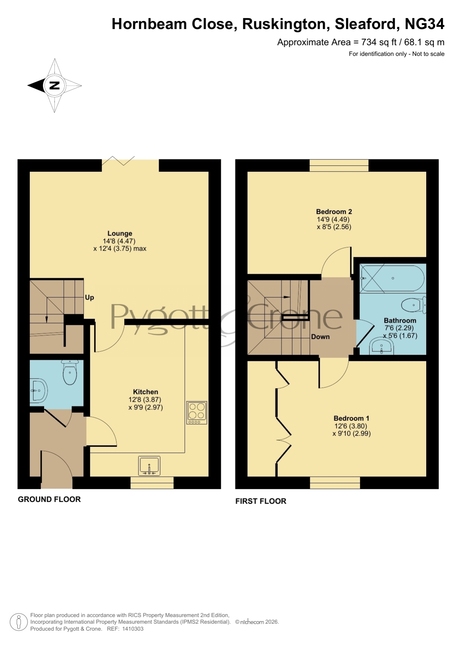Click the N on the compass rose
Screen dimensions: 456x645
(x=54, y=86)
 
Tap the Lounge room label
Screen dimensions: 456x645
(x=120, y=233)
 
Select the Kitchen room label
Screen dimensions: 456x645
(x=146, y=392)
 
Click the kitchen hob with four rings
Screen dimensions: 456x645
(x=197, y=412)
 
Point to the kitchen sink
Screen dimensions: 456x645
(x=149, y=466)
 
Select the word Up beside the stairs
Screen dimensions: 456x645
(x=90, y=297)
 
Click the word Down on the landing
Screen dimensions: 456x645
(x=320, y=337)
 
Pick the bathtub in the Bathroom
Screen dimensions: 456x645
(x=393, y=278)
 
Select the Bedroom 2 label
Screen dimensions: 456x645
(x=334, y=212)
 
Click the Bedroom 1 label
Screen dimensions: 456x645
(x=351, y=418)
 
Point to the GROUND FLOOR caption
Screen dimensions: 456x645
(x=49, y=499)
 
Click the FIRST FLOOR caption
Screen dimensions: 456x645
(x=261, y=501)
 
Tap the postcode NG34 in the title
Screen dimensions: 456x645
(x=424, y=24)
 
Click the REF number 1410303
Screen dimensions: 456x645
(x=133, y=629)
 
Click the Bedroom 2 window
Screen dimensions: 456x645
(x=339, y=165)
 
